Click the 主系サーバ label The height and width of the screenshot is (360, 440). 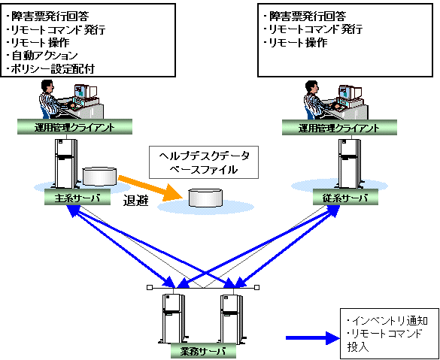(77, 198)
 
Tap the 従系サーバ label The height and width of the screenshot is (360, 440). (345, 198)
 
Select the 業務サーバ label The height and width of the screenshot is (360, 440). (203, 351)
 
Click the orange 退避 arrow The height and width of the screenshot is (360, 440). (150, 189)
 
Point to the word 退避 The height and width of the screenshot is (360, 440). (135, 201)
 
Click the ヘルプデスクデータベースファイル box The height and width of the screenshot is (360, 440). (203, 162)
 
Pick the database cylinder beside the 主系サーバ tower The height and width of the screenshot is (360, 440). (99, 177)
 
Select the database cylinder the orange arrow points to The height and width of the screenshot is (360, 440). (205, 198)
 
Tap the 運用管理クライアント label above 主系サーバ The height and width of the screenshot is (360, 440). (74, 127)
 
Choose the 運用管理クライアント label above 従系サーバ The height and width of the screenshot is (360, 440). (339, 128)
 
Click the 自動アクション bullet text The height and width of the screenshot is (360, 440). (44, 56)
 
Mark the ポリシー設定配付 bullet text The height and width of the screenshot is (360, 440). (53, 68)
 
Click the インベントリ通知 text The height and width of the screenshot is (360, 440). (390, 320)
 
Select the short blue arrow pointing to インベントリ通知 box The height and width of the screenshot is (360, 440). (313, 337)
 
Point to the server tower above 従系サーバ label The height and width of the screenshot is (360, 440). (349, 164)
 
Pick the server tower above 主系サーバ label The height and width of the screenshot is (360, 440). (66, 164)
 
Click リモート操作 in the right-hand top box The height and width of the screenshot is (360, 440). (299, 42)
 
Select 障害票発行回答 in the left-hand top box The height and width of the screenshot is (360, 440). (50, 17)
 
